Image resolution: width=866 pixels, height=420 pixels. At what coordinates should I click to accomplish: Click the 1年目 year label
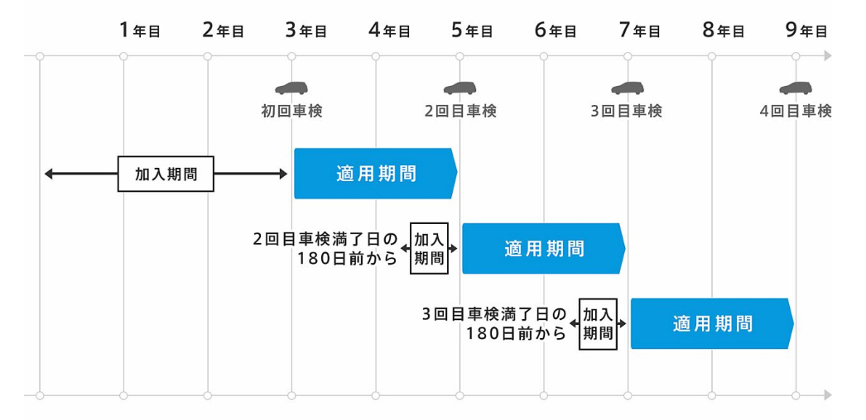pyautogui.click(x=140, y=31)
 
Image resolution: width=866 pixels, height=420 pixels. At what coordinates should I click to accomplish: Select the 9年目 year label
pyautogui.click(x=807, y=31)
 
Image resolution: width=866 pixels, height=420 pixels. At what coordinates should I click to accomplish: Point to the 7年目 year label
pyautogui.click(x=639, y=31)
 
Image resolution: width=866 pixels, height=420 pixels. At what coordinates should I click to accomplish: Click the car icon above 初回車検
pyautogui.click(x=291, y=88)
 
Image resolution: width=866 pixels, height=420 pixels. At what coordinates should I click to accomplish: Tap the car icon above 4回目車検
pyautogui.click(x=796, y=88)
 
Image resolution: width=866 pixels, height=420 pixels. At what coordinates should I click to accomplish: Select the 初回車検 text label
pyautogui.click(x=291, y=112)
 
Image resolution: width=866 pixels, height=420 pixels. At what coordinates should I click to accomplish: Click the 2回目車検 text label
pyautogui.click(x=460, y=112)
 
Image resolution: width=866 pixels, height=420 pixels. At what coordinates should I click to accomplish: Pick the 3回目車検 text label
pyautogui.click(x=626, y=112)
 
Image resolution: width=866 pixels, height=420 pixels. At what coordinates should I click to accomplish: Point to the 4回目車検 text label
pyautogui.click(x=796, y=112)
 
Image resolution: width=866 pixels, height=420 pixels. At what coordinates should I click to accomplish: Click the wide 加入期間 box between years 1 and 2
pyautogui.click(x=166, y=174)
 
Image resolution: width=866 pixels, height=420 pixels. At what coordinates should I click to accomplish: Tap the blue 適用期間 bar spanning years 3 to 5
pyautogui.click(x=376, y=174)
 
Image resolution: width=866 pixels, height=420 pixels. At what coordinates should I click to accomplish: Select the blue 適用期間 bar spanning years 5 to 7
pyautogui.click(x=544, y=249)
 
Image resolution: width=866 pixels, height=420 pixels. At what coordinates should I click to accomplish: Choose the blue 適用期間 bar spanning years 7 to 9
pyautogui.click(x=712, y=323)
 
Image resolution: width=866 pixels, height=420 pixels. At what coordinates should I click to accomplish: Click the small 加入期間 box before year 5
pyautogui.click(x=429, y=249)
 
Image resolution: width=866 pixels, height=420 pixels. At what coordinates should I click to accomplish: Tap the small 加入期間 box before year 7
pyautogui.click(x=598, y=324)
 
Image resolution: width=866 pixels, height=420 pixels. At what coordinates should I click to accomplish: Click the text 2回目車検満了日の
pyautogui.click(x=325, y=240)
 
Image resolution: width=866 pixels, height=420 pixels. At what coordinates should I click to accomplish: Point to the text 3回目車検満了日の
pyautogui.click(x=494, y=315)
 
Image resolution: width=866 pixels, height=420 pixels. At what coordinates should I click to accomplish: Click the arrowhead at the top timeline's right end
pyautogui.click(x=827, y=55)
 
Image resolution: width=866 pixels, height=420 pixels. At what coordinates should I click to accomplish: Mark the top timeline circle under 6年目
pyautogui.click(x=543, y=56)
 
